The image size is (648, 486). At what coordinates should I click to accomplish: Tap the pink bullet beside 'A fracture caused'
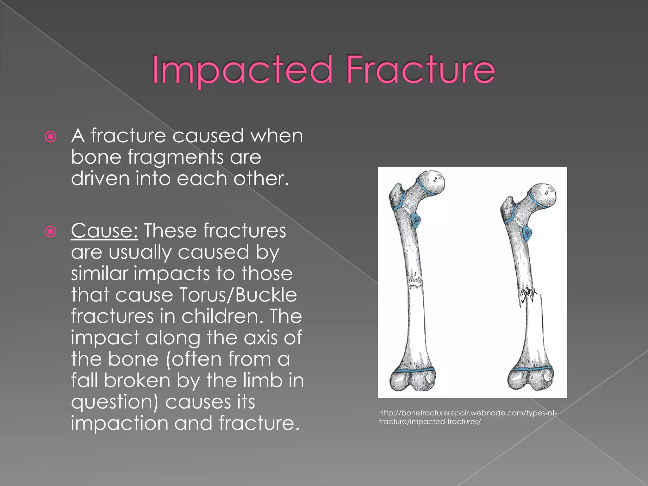point(51,137)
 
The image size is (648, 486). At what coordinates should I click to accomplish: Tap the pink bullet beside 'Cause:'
point(51,232)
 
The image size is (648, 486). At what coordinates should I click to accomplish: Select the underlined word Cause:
point(104,231)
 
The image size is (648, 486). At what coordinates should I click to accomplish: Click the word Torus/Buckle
point(238,295)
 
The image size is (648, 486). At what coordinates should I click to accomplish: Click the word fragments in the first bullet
point(175,157)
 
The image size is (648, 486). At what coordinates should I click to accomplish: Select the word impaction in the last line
point(120,423)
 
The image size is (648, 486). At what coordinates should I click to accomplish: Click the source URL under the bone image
point(468,417)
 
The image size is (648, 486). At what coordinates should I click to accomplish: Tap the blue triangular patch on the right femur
point(527,234)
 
